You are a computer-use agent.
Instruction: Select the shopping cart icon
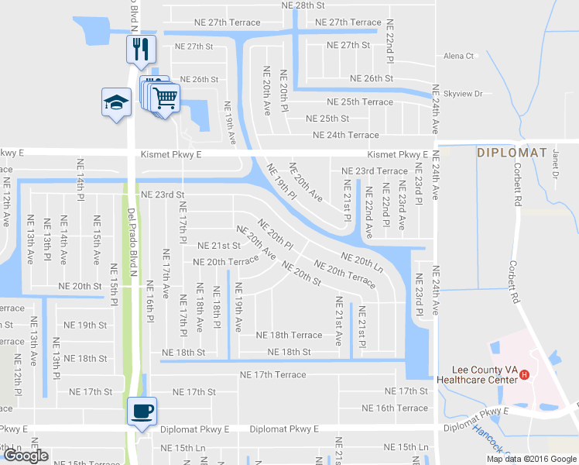point(164,98)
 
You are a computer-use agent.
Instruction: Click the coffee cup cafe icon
point(142,410)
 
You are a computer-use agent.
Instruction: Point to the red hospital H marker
point(525,375)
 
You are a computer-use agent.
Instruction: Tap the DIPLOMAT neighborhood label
point(512,153)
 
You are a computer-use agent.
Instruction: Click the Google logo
point(26,456)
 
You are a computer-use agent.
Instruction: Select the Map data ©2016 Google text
point(531,459)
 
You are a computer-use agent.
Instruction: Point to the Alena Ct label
point(458,56)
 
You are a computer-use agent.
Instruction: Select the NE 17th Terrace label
point(273,375)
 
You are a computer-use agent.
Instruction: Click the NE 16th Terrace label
point(395,408)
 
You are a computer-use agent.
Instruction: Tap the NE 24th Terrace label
point(346,135)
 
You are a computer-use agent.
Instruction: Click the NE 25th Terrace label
point(360,102)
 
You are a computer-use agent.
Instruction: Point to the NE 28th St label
point(303,5)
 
